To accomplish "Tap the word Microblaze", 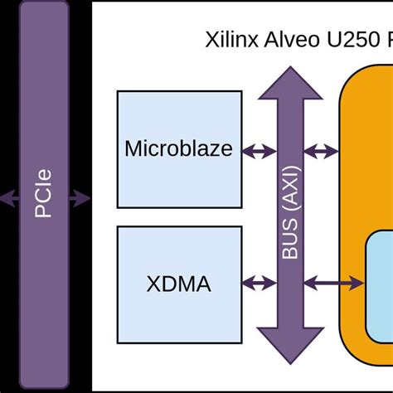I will [x=179, y=150].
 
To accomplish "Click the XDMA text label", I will [x=179, y=285].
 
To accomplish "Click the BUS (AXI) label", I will [x=290, y=213].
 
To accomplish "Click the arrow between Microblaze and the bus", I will [x=259, y=151].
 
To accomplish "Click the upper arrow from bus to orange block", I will [x=322, y=151].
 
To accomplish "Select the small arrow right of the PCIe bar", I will [x=80, y=198].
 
